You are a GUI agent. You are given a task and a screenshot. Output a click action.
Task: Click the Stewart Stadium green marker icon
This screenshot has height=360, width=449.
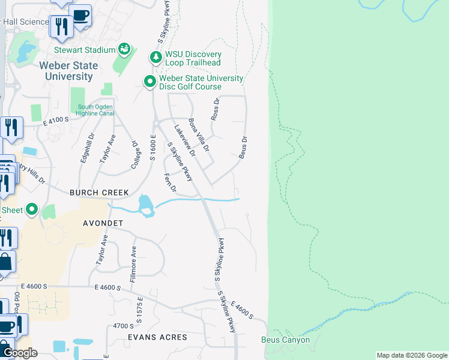pyautogui.click(x=125, y=49)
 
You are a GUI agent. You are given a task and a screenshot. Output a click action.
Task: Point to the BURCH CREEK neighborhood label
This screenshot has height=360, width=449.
pyautogui.click(x=99, y=193)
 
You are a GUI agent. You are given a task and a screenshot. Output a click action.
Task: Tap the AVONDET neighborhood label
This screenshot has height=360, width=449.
pyautogui.click(x=103, y=223)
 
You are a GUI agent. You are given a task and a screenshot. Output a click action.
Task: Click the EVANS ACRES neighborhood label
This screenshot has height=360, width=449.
pyautogui.click(x=157, y=337)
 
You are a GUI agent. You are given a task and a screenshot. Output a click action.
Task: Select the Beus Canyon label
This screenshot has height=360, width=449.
pyautogui.click(x=286, y=340)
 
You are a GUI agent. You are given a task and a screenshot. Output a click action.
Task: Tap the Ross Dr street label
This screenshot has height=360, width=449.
pyautogui.click(x=216, y=109)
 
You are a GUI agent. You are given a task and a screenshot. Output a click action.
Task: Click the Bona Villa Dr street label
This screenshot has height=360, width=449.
pyautogui.click(x=199, y=134)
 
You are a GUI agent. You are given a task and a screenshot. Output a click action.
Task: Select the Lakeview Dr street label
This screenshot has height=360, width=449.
pyautogui.click(x=184, y=141)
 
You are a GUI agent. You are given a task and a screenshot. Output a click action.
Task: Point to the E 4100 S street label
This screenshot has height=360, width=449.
pyautogui.click(x=56, y=120)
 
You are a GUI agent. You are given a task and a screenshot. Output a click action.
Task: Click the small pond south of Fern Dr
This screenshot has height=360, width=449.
pyautogui.click(x=145, y=205)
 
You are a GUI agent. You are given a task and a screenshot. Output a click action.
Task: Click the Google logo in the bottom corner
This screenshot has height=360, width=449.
pyautogui.click(x=20, y=353)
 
